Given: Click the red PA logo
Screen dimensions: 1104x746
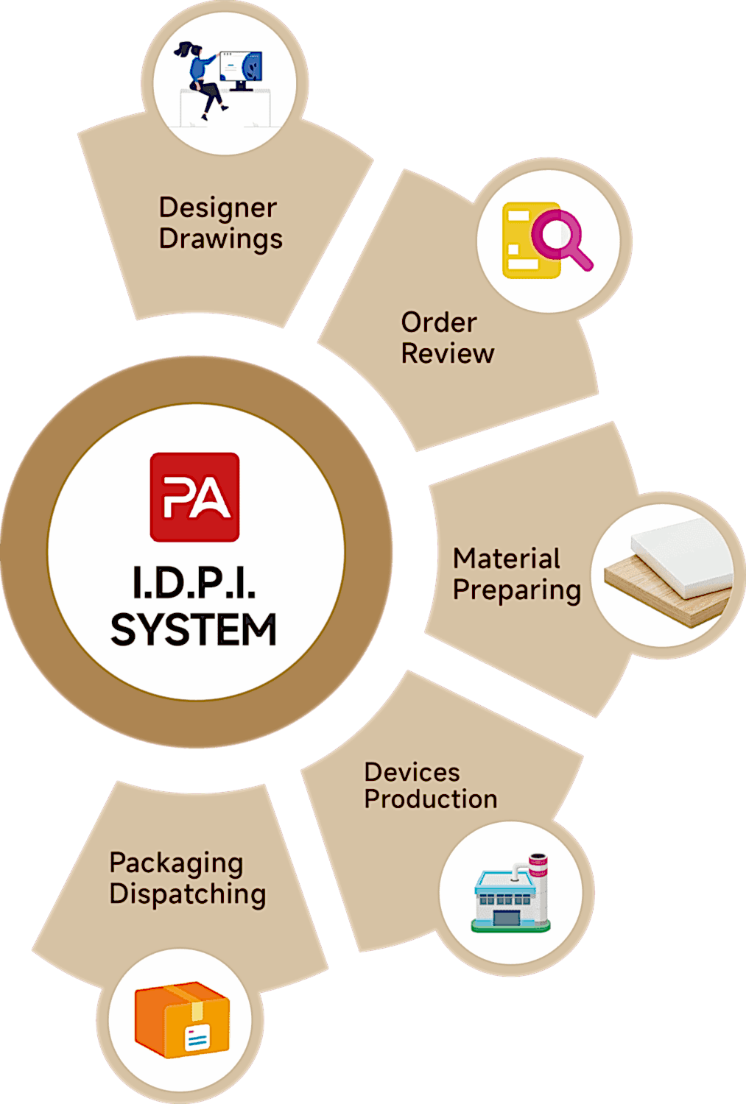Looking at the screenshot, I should coord(194,497).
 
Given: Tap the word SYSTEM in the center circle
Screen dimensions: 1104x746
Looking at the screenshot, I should coord(194,630).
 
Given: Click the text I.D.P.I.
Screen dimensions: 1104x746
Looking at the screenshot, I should coord(194,583).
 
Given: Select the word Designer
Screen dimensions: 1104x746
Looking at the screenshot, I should coord(218,208).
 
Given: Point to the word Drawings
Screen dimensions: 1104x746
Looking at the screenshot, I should coord(220,239).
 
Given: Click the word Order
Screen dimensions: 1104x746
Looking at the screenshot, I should coord(439,322).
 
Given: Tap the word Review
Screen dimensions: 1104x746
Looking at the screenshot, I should coord(447,353).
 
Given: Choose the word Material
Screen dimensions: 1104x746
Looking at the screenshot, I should coord(507,559).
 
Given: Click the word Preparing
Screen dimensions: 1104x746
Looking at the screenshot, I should coord(517,590).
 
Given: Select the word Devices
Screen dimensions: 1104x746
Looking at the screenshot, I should coord(412,772).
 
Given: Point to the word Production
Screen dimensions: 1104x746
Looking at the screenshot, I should coord(431,799).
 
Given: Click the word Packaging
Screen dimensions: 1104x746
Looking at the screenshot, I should coord(176,863).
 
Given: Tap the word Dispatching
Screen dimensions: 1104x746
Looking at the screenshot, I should coord(188,894).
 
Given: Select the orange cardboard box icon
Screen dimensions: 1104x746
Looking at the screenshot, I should coord(182,1019).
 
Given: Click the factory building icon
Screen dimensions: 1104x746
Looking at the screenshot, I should coord(511,894).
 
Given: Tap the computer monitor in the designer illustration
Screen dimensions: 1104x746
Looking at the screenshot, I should coord(242,69).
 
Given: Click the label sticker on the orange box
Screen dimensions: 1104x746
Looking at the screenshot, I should coord(197,1038).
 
